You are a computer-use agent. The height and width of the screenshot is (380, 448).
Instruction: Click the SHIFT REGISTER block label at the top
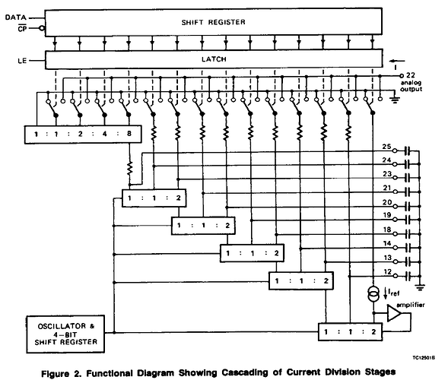point(213,22)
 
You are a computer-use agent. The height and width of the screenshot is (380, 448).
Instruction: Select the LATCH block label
point(214,59)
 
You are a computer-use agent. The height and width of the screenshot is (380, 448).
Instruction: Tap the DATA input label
point(15,17)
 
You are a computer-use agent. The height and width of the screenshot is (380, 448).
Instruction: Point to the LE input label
point(22,61)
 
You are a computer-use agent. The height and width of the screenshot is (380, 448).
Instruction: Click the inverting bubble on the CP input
point(42,28)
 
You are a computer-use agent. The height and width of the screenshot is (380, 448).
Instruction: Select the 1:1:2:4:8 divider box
point(83,134)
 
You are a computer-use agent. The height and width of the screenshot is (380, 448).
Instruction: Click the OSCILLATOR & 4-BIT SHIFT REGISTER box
point(65,334)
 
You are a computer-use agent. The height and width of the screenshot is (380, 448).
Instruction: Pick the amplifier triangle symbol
point(395,313)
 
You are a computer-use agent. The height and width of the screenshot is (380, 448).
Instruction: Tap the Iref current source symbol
point(373,294)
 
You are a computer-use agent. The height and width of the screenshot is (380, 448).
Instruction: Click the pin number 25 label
point(386,147)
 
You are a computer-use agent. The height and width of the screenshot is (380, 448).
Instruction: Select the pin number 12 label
point(387,272)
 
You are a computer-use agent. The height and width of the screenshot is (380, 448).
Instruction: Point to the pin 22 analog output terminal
point(402,76)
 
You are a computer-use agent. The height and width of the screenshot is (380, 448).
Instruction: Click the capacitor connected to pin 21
point(408,192)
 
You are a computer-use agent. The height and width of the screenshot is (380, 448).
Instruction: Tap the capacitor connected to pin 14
point(408,248)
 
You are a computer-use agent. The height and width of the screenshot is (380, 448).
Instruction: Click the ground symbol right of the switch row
point(395,100)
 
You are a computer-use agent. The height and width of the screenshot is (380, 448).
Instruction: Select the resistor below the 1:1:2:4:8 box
point(130,168)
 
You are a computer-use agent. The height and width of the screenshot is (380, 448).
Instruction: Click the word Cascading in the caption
point(245,372)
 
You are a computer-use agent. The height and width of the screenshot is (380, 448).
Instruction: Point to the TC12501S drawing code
point(424,358)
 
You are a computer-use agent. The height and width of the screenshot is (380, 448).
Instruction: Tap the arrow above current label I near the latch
point(398,61)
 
